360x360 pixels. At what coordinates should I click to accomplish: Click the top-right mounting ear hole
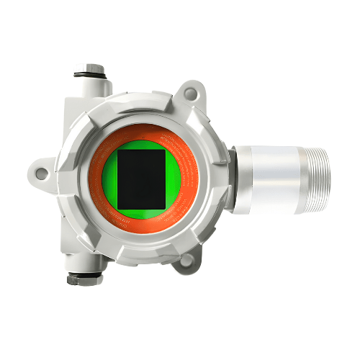click(x=190, y=93)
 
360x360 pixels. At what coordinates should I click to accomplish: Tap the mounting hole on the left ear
click(x=42, y=173)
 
